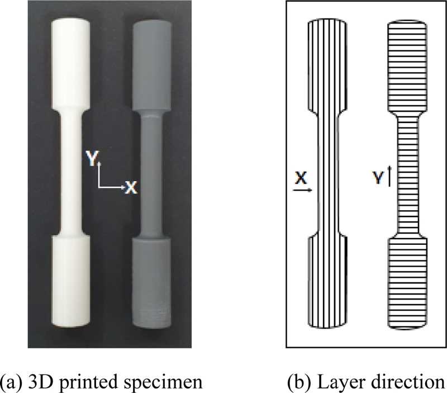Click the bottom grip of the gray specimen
coord(151,282)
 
